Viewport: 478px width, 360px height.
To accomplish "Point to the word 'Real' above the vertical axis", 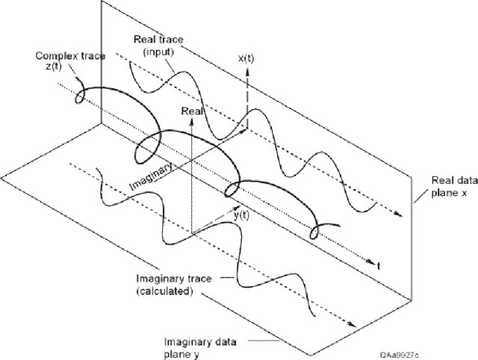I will [192, 110].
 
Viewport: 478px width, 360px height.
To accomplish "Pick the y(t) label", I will [241, 215].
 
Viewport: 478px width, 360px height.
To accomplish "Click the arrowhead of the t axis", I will [371, 260].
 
